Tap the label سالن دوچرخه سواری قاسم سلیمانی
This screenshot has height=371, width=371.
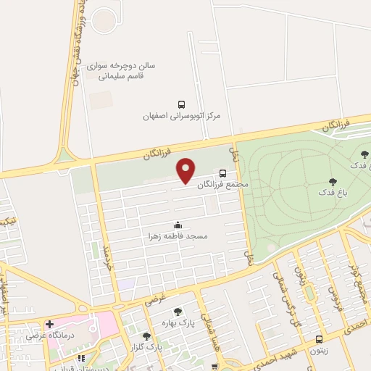[x=121, y=70]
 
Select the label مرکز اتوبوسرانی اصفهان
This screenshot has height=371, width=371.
[x=181, y=116]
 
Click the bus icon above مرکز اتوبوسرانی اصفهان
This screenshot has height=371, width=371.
[x=181, y=104]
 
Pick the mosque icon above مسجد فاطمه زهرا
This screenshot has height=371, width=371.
[x=178, y=225]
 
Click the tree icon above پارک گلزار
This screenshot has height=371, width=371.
[x=147, y=335]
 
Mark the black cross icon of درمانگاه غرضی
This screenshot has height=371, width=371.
[x=49, y=324]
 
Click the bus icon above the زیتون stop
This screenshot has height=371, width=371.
[x=320, y=338]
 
